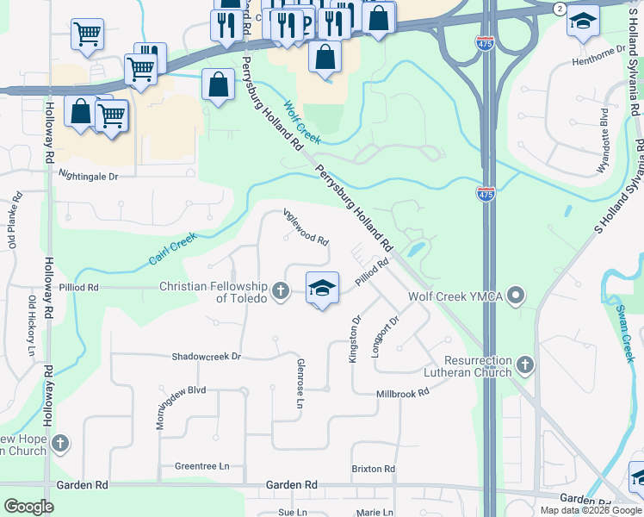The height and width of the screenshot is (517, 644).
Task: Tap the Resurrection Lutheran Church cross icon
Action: pos(524,366)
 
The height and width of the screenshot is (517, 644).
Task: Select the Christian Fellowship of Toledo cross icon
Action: pos(281,292)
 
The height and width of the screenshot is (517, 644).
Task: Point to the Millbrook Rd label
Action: pos(402,393)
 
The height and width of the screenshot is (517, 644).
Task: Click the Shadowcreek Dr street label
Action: pos(206,356)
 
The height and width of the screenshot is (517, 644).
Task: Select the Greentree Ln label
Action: pos(202,466)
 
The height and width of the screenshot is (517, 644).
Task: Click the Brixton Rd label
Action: pos(373,470)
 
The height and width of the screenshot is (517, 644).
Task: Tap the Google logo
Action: pos(28,507)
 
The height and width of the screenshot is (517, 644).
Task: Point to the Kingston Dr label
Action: pos(354,338)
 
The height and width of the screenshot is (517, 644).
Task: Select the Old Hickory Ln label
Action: pos(31,327)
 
